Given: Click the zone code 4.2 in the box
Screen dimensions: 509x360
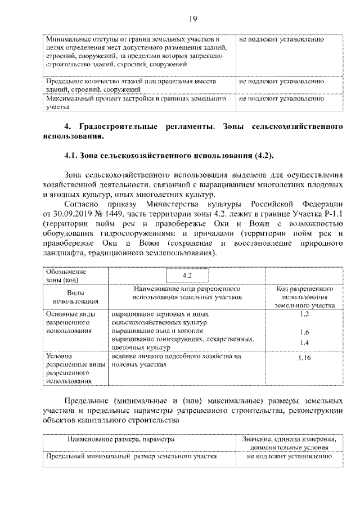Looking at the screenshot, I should [x=188, y=275].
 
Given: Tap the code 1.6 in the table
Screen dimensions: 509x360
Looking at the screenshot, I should [x=304, y=332].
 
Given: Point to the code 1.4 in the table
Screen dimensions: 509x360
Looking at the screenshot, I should [x=304, y=341].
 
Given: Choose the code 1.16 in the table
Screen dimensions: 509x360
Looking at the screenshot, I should [x=304, y=358].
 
